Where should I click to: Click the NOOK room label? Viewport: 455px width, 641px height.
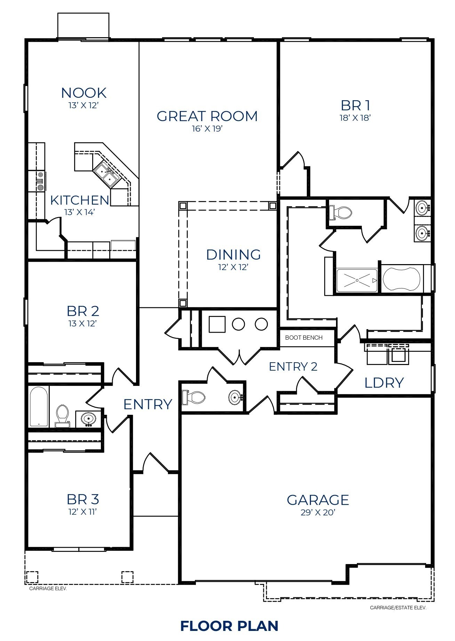click(84, 93)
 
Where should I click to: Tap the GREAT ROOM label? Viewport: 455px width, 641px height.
click(207, 116)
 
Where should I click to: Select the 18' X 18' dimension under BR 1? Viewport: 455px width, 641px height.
click(355, 118)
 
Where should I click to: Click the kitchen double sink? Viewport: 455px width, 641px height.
click(107, 175)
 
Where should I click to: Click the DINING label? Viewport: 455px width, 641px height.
click(233, 255)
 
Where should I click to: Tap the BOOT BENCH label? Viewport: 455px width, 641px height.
click(304, 338)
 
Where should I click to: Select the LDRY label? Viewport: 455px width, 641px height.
click(384, 383)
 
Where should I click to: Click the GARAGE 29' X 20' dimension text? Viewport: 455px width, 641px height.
click(318, 513)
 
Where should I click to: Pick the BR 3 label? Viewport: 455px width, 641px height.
click(83, 499)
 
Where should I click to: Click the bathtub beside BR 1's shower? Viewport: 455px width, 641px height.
click(401, 279)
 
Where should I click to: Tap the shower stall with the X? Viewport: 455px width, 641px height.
click(357, 280)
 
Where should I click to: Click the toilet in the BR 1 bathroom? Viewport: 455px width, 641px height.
click(341, 212)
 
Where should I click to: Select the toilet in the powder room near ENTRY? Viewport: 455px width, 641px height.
click(193, 397)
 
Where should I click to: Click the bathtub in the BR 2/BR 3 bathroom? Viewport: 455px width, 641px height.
click(39, 406)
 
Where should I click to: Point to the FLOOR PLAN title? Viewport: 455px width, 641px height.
click(229, 625)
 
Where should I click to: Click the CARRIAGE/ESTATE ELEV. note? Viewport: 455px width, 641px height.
click(398, 608)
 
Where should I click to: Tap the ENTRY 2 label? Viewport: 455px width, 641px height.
click(293, 366)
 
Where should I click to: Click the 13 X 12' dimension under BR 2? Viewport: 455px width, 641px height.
click(82, 323)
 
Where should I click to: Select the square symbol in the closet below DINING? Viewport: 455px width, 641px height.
click(217, 324)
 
